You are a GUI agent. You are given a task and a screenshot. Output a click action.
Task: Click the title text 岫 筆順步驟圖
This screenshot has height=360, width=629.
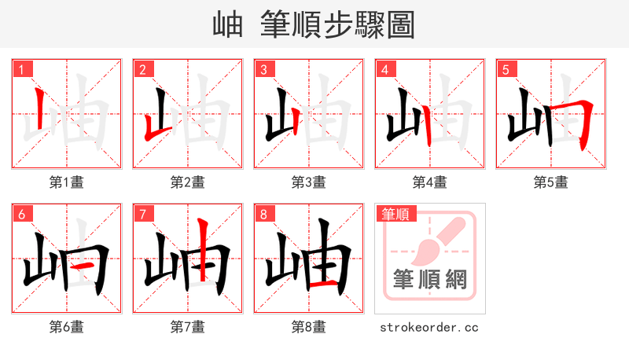point(314,24)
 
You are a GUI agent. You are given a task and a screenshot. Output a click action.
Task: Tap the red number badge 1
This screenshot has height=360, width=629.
point(20,69)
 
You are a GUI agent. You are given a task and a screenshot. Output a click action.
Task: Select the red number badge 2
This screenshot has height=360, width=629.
point(142,69)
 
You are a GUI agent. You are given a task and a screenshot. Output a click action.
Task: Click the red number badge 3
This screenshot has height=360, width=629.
point(263,69)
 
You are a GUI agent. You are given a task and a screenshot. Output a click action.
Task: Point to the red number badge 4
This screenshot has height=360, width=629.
point(384,69)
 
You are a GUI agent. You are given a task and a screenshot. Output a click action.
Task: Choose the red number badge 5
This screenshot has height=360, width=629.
point(505,69)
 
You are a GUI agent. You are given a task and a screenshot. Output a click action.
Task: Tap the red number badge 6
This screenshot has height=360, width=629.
point(20,214)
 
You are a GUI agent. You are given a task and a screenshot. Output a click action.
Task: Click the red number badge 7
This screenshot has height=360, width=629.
point(142,214)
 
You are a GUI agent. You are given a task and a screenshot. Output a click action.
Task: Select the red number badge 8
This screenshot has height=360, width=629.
point(263,214)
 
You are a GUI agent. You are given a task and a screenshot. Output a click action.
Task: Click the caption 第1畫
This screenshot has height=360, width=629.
point(67,182)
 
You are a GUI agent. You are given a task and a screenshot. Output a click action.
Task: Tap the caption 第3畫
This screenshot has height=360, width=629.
point(309,182)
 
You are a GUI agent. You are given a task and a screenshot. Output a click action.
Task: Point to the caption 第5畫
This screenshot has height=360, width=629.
point(551,182)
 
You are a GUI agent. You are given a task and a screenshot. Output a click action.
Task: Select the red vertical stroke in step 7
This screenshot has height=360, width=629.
point(203,249)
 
